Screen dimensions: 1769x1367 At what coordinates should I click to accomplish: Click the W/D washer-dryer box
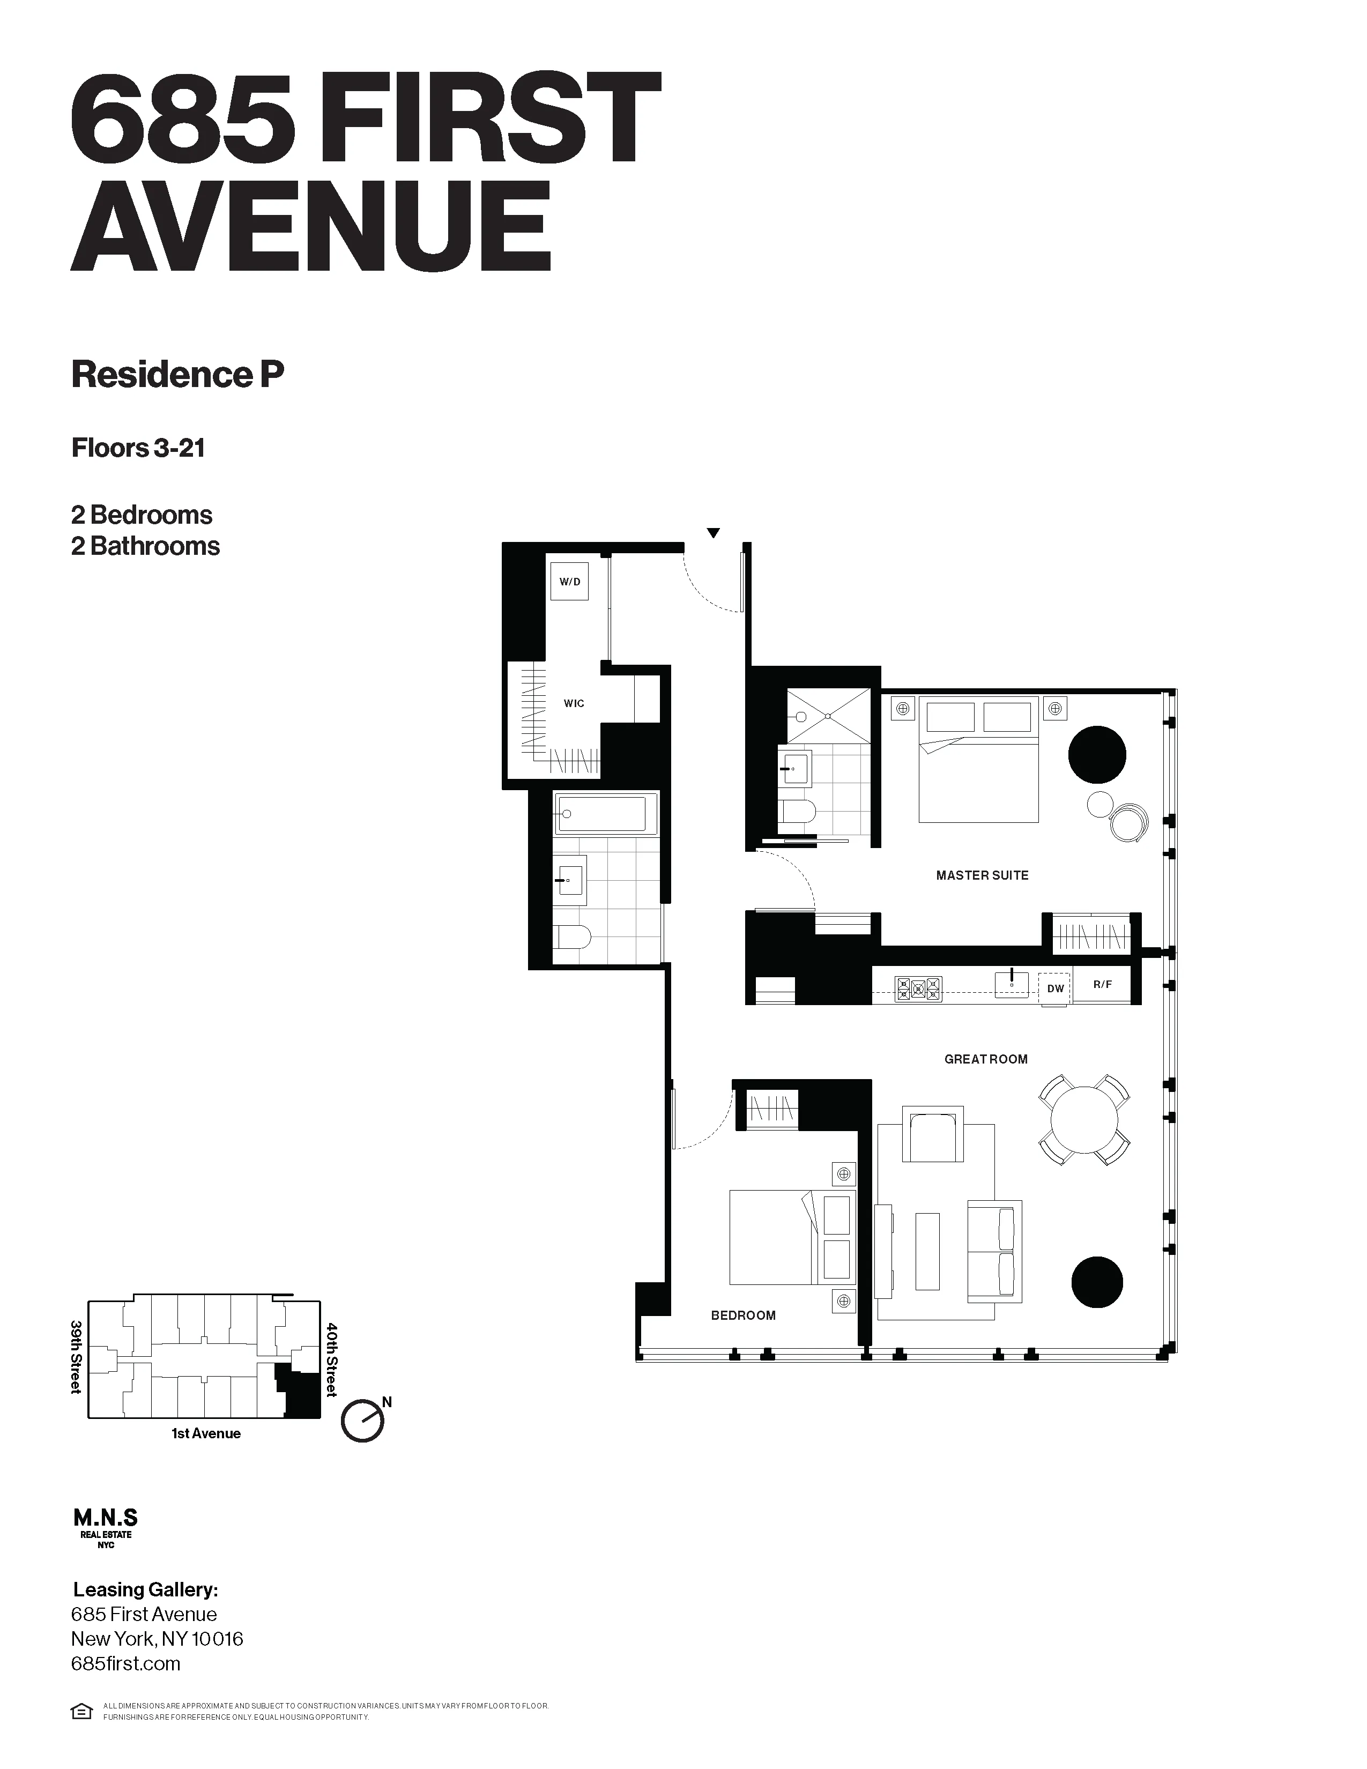(x=569, y=582)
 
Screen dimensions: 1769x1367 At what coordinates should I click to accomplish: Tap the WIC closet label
(x=574, y=703)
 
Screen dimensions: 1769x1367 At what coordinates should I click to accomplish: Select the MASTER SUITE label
(x=982, y=875)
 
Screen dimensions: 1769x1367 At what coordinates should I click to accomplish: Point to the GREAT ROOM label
(x=985, y=1059)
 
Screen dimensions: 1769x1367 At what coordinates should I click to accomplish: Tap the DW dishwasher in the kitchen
(x=1055, y=988)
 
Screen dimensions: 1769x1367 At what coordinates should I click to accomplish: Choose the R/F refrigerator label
(x=1102, y=984)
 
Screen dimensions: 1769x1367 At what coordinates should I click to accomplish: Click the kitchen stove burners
(x=918, y=988)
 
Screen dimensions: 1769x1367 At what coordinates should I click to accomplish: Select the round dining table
(x=1083, y=1120)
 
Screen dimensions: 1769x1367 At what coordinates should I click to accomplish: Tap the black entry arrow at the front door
(x=712, y=533)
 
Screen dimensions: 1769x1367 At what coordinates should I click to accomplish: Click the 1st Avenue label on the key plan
(x=206, y=1433)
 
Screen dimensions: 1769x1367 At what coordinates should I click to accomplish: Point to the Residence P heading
(x=177, y=374)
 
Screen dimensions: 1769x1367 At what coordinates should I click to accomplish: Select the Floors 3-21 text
(x=138, y=448)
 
